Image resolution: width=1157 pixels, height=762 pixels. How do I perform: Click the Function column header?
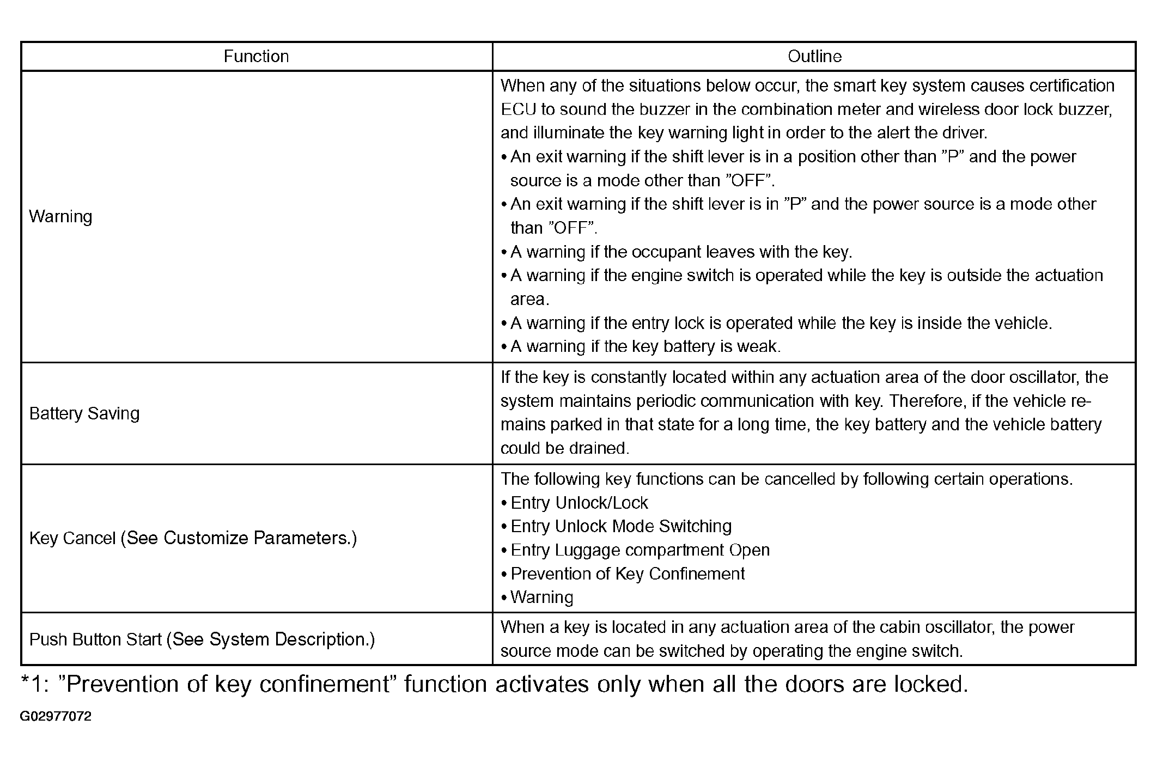pos(256,57)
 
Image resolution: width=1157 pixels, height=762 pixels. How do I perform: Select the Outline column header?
pos(814,57)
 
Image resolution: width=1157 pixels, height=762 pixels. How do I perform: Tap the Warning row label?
pos(60,217)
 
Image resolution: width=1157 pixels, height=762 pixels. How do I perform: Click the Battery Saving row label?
pos(84,413)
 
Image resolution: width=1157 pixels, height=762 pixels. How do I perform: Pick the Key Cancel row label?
pos(193,538)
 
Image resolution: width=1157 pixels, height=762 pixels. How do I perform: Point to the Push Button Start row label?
pos(202,639)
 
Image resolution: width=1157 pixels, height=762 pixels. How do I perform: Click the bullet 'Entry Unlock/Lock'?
pos(579,503)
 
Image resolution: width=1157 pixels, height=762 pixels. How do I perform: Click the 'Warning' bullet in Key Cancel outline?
pos(541,598)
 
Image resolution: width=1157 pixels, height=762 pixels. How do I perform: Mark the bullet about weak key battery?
pos(645,346)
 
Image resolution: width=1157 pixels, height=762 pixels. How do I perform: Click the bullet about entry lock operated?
pos(781,323)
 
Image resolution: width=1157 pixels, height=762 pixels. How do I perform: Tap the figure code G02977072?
pos(56,716)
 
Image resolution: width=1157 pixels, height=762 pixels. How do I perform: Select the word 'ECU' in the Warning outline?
pos(518,109)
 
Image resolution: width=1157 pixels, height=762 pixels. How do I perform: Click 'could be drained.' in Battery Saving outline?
pos(565,448)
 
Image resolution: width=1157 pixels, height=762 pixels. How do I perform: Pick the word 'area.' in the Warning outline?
pos(529,299)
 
